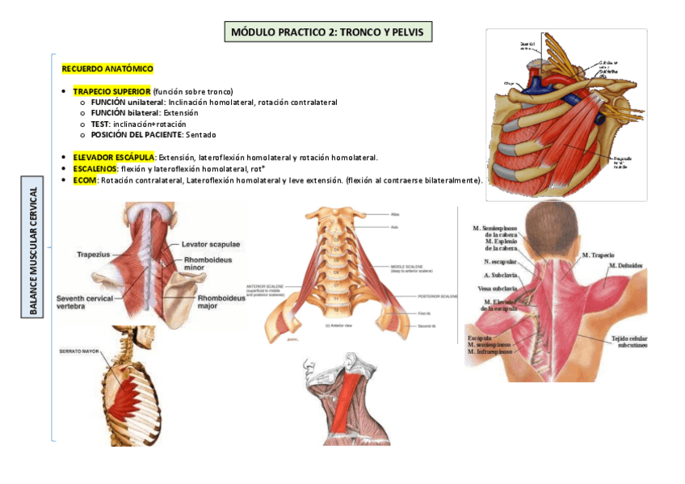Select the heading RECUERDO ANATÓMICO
(107, 69)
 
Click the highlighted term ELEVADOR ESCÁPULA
(114, 157)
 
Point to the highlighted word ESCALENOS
(95, 168)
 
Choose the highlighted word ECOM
(84, 179)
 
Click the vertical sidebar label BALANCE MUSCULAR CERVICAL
(33, 251)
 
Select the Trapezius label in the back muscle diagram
(94, 254)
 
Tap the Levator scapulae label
(211, 244)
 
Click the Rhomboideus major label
(220, 302)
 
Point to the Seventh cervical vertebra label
(85, 303)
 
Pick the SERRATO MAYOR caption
(79, 351)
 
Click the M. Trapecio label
(598, 255)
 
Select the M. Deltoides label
(624, 266)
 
